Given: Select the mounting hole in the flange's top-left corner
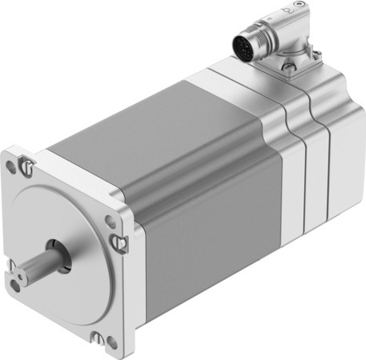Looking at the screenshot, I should point(10,166).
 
